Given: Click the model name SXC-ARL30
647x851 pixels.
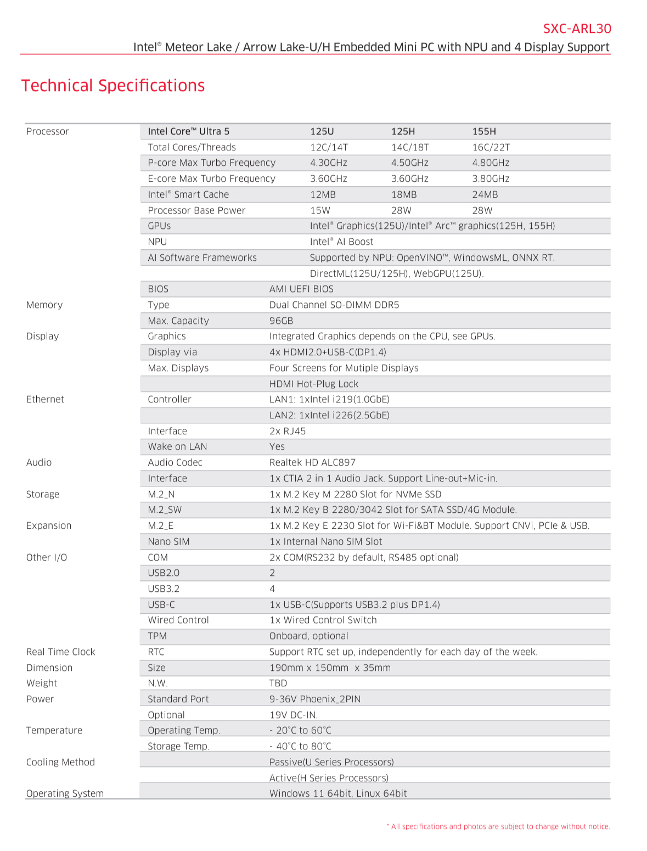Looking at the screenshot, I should click(x=577, y=29).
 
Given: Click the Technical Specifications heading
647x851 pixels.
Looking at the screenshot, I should click(x=113, y=86).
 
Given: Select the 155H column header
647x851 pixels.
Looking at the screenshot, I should click(x=484, y=131).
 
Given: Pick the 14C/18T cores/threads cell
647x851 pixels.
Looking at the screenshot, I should click(x=410, y=147).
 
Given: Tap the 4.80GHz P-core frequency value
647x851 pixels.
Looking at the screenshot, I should click(x=491, y=163).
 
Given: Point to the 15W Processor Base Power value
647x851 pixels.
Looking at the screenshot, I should click(x=320, y=210).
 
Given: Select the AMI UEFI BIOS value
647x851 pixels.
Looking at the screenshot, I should click(x=301, y=289).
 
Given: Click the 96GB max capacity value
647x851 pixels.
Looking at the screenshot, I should click(x=281, y=321).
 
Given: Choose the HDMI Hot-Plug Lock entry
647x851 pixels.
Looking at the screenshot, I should click(x=313, y=384).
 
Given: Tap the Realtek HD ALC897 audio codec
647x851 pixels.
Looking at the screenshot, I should click(x=312, y=462).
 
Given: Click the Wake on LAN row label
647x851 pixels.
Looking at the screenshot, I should click(x=177, y=446).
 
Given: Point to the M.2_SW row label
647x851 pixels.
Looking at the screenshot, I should click(x=165, y=510).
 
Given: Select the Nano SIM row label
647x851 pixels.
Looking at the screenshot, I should click(x=168, y=541).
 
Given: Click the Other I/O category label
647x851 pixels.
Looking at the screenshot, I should click(x=47, y=557).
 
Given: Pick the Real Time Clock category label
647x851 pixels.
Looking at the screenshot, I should click(x=61, y=652).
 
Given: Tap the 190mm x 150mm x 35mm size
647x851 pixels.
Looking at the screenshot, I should click(x=330, y=668).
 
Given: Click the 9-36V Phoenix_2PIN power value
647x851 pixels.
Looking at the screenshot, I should click(x=315, y=699).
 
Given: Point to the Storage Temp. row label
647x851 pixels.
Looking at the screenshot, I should click(x=178, y=746).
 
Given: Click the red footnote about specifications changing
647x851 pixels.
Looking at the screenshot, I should click(x=498, y=826).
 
